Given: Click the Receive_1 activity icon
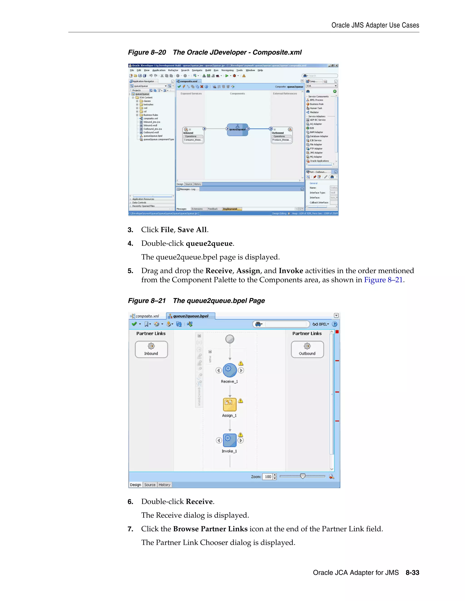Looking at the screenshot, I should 230,370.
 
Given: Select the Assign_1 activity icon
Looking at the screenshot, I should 230,404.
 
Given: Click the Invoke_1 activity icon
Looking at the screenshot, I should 230,440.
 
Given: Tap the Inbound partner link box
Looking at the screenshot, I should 151,349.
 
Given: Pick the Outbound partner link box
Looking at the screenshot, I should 307,349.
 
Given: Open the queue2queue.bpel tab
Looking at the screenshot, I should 190,316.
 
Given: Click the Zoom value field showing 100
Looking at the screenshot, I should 267,477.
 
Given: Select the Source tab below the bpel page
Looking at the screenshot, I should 150,485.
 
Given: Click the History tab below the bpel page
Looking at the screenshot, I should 164,485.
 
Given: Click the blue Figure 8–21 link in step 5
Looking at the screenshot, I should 383,280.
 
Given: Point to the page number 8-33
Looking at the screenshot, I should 412,573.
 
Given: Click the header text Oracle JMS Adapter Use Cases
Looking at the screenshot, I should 375,25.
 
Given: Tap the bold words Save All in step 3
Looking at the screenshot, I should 192,230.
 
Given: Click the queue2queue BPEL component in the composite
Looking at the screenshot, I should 237,129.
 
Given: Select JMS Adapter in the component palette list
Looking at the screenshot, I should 316,153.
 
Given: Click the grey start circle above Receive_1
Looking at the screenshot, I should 230,339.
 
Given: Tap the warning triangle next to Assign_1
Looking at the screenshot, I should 240,401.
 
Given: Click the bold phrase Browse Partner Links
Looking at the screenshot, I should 210,529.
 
